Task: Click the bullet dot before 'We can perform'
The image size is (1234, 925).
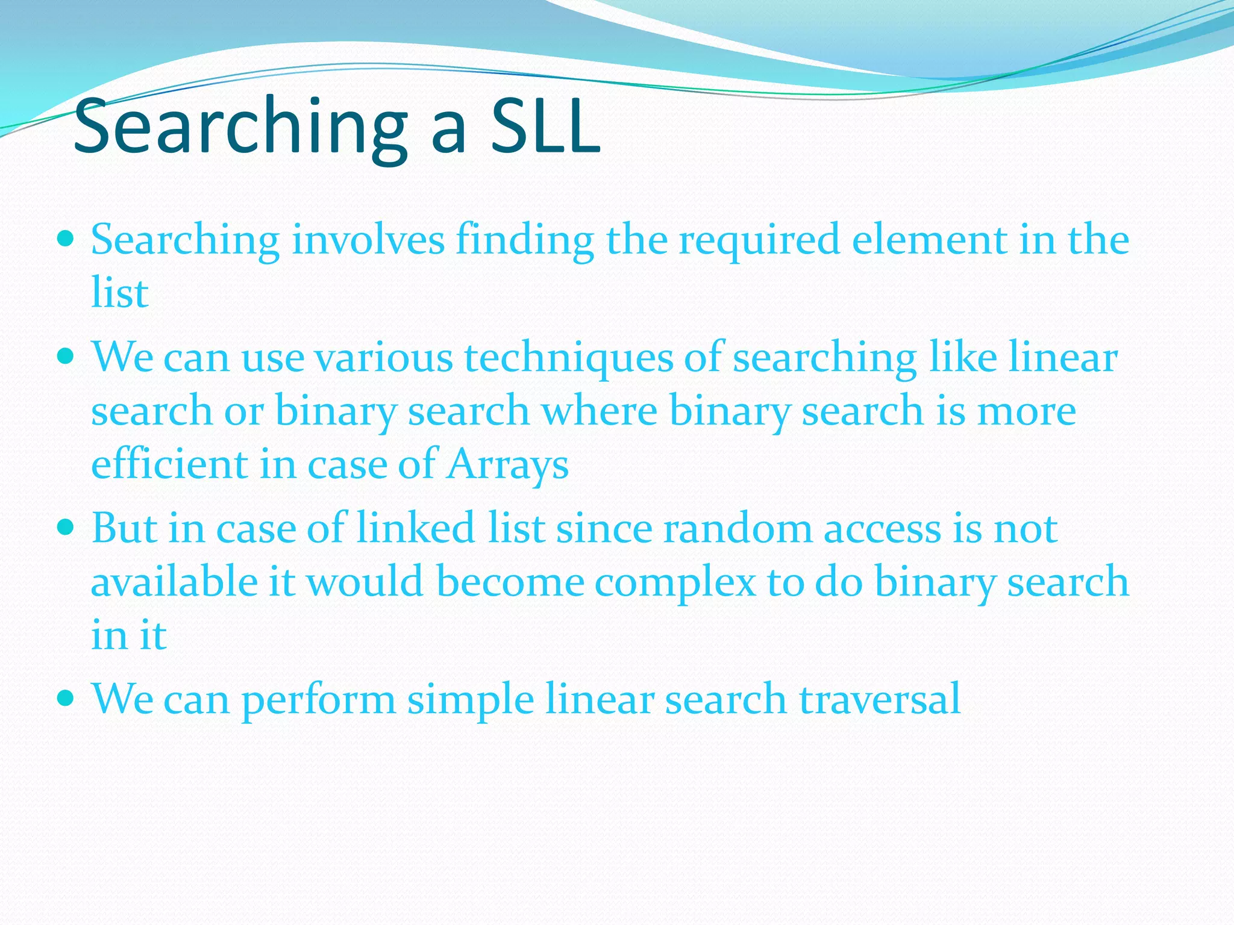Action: [x=66, y=699]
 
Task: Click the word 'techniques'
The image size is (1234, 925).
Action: [x=568, y=358]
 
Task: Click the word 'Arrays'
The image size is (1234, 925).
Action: [x=507, y=465]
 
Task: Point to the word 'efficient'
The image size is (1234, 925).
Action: [x=169, y=465]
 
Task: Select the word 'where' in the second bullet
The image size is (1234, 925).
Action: [x=599, y=411]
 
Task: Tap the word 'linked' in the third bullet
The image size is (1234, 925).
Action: [x=416, y=529]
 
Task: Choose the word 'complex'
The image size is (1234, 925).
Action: [x=675, y=583]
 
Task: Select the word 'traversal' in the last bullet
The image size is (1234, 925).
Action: [x=880, y=699]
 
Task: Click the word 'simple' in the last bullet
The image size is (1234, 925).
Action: [x=471, y=700]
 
